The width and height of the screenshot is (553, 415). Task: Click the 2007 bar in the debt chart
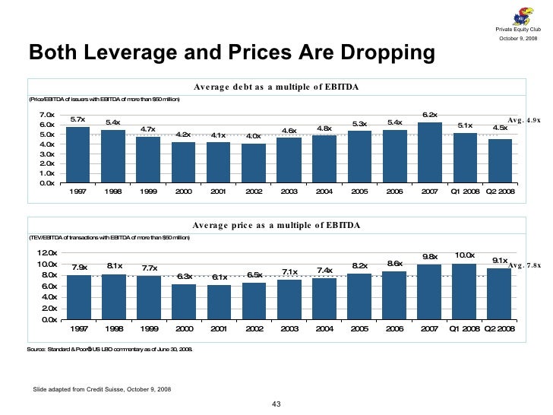coord(430,153)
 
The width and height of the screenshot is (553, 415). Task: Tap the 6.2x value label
coord(430,115)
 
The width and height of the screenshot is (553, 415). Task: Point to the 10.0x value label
coord(465,255)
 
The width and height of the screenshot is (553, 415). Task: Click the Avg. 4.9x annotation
coord(524,120)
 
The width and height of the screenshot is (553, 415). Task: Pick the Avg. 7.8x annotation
coord(524,265)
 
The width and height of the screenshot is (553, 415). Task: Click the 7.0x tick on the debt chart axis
coord(47,115)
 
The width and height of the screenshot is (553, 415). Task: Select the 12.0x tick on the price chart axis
coord(47,253)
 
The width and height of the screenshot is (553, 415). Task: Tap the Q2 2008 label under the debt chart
coord(500,192)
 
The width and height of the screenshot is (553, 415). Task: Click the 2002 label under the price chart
coord(254,329)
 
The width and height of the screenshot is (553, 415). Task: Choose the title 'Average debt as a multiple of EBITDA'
coord(276,87)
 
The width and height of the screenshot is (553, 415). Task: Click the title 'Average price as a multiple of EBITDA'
coord(276,226)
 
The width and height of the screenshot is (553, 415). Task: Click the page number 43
coord(276,403)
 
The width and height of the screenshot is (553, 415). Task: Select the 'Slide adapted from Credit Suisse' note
coord(102,389)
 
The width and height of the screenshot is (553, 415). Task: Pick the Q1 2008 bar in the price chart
coord(465,292)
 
